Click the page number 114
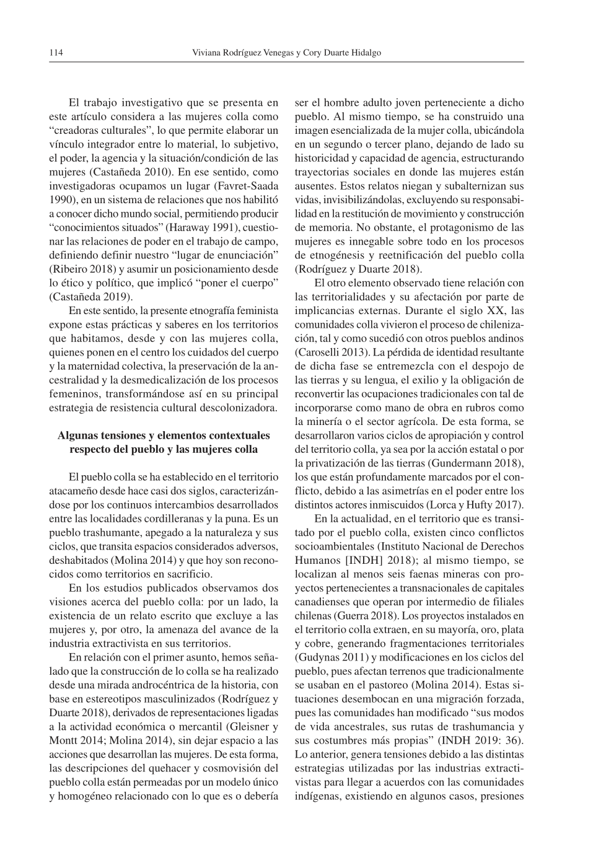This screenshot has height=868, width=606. (x=56, y=53)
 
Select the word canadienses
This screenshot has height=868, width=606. (x=323, y=602)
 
